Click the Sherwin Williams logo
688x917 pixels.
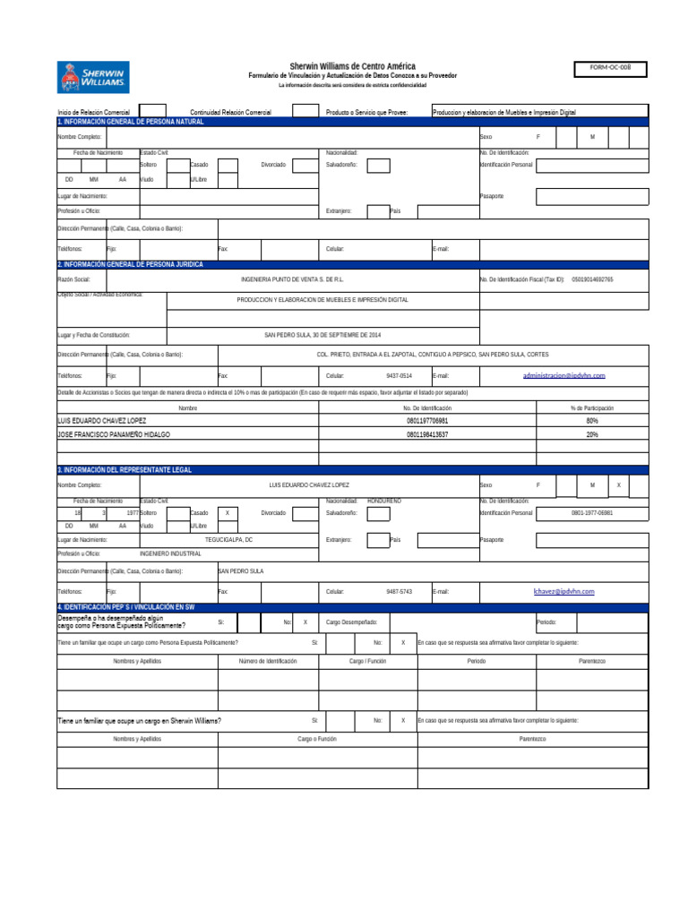(93, 77)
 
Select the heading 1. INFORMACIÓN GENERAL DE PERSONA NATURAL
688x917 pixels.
(132, 121)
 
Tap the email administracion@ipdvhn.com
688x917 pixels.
(564, 376)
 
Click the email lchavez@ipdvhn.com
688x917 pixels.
(564, 591)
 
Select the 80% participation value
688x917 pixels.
(592, 420)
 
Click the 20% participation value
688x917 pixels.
(592, 434)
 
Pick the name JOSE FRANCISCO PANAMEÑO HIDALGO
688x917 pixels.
(114, 434)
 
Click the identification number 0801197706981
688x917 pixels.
(427, 420)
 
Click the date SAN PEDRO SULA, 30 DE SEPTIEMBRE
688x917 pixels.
(322, 335)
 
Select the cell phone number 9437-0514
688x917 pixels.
(400, 376)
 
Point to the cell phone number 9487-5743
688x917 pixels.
(400, 592)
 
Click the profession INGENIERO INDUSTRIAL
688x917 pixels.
(171, 554)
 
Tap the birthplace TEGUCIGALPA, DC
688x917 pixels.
(229, 540)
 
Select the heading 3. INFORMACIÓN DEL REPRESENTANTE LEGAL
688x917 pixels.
(125, 469)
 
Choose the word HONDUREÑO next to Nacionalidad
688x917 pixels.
(384, 501)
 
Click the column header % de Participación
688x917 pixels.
(592, 408)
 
